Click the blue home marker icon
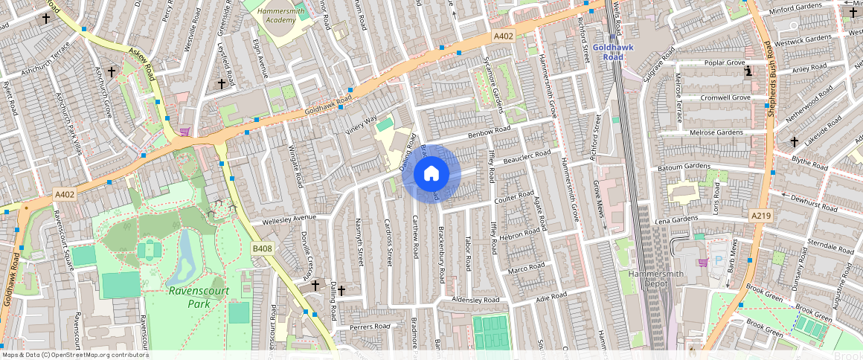pos(431,174)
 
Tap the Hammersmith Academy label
pos(275,16)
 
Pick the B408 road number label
pos(262,248)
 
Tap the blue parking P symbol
pos(718,261)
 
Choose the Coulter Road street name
pos(514,198)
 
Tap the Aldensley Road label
pos(476,299)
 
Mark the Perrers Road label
pos(370,326)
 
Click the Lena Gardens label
pos(676,219)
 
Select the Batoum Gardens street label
pos(684,167)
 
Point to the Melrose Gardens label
pos(716,132)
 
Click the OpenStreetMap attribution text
pos(75,355)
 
